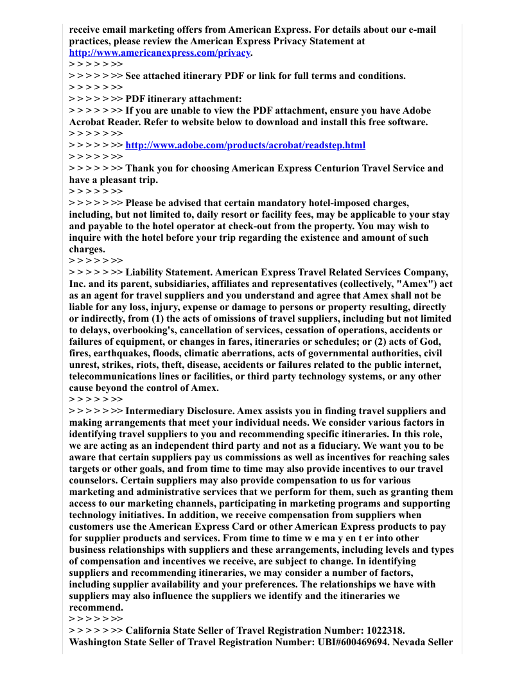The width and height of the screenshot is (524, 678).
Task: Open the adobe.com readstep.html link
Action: (x=245, y=145)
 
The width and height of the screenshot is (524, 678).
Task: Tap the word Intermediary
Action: (x=155, y=411)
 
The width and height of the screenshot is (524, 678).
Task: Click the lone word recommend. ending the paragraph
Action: (x=96, y=607)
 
